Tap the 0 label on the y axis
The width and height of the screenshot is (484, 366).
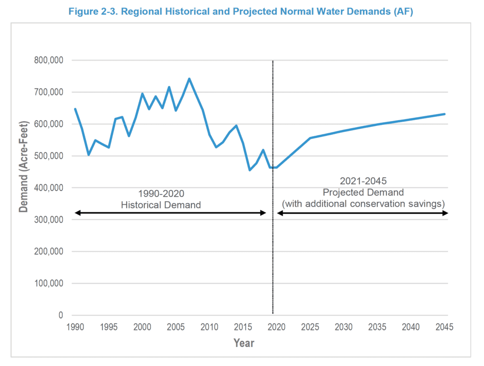(60, 315)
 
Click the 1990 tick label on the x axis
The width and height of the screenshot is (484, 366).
(75, 327)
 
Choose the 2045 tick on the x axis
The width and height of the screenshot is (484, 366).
(445, 327)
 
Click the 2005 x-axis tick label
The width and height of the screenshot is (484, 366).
(176, 327)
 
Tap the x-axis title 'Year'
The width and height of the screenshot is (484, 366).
(243, 343)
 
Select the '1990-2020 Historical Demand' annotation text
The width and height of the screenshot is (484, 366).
(161, 199)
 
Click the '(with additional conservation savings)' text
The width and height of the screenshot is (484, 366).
(364, 203)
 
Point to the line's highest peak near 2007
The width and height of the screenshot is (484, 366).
(189, 78)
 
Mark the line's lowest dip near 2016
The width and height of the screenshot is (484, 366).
(250, 170)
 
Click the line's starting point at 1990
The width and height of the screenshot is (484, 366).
(75, 109)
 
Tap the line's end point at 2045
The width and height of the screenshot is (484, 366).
(445, 114)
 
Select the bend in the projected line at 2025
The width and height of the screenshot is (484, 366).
(310, 138)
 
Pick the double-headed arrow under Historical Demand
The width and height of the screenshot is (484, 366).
(171, 213)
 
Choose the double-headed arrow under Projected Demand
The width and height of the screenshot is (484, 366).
(363, 213)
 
